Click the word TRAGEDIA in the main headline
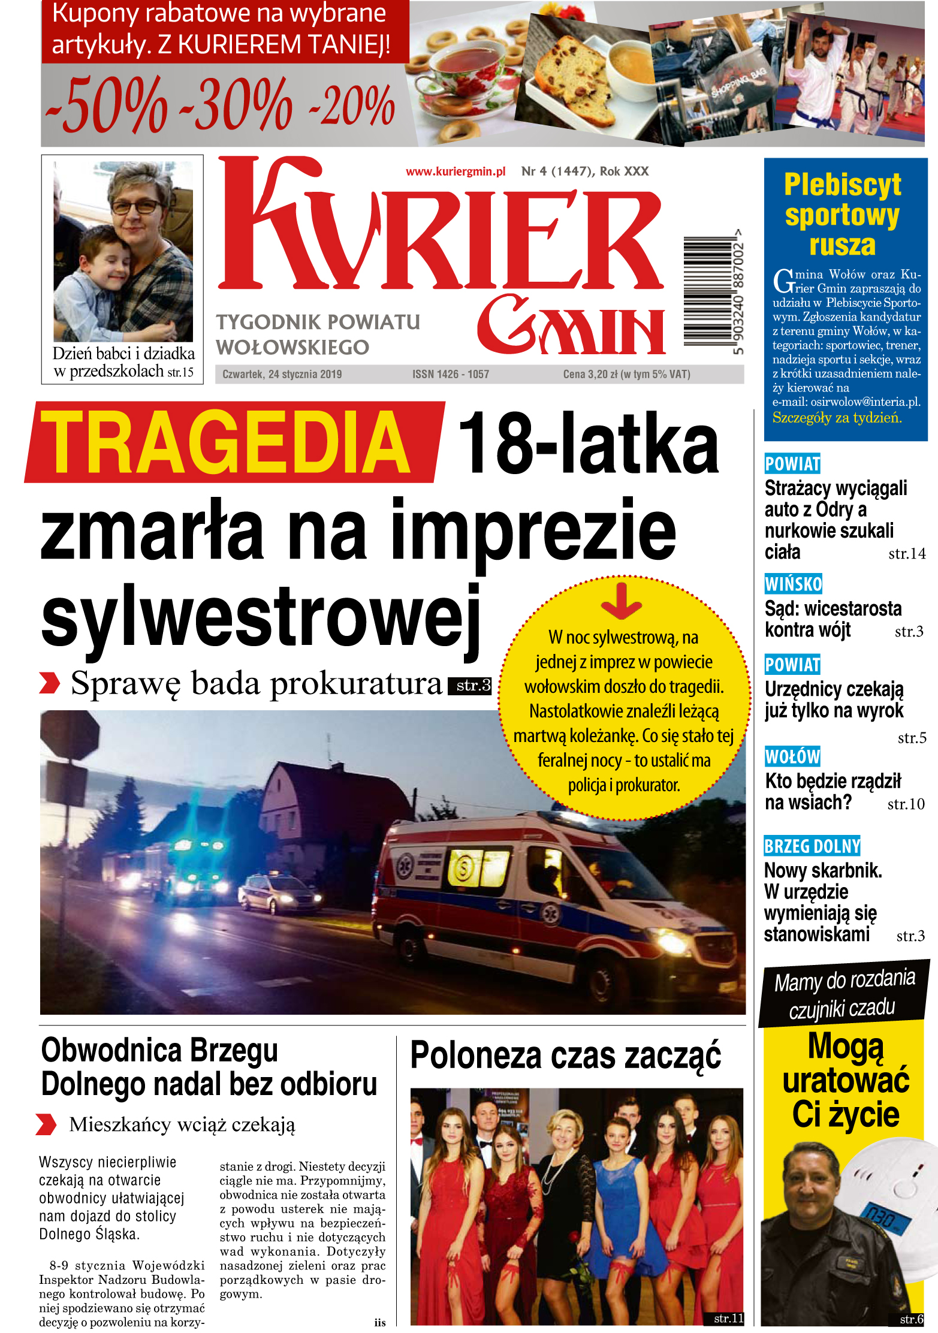pos(226,443)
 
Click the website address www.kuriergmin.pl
pos(456,172)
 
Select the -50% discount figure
pos(107,105)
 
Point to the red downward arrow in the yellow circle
pos(622,601)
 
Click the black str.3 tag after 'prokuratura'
pos(470,685)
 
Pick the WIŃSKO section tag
pos(793,584)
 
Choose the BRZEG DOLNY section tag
pos(812,846)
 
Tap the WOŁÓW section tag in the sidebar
pos(792,756)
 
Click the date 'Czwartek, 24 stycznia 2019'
pos(282,375)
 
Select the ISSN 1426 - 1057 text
pos(451,375)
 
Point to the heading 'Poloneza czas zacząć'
pos(566,1056)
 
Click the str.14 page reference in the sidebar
pos(906,554)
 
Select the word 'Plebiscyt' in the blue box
pos(842,185)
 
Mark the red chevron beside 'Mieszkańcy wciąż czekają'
pos(46,1124)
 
